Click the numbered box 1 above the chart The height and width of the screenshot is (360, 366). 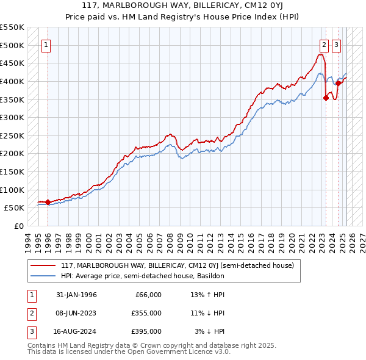pyautogui.click(x=47, y=44)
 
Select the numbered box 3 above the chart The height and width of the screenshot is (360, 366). pyautogui.click(x=337, y=44)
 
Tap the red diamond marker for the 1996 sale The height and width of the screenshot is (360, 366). pyautogui.click(x=48, y=202)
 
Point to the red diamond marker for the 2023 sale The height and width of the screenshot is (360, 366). pyautogui.click(x=326, y=98)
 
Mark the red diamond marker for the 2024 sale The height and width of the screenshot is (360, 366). pyautogui.click(x=338, y=84)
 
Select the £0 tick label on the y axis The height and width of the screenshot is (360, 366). pyautogui.click(x=19, y=226)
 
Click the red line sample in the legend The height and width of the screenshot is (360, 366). pyautogui.click(x=43, y=265)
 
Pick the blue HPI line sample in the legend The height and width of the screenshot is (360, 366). pyautogui.click(x=43, y=276)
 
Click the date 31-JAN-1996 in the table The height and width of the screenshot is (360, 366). pyautogui.click(x=76, y=295)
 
